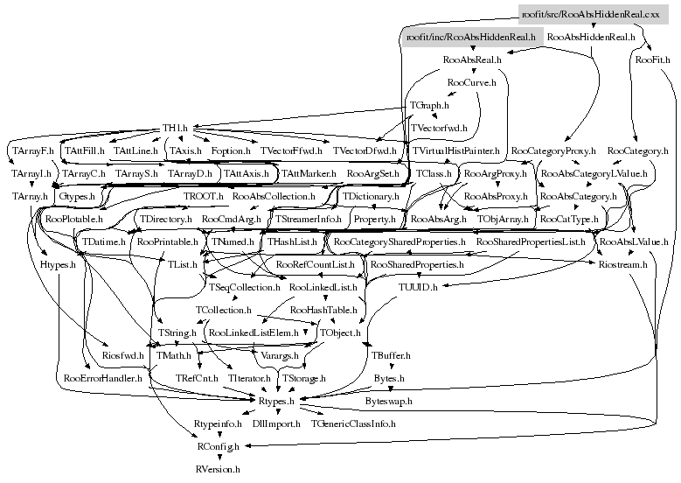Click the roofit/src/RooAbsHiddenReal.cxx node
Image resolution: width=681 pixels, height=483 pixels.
point(590,14)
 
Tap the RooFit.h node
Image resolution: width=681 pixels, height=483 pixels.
point(653,60)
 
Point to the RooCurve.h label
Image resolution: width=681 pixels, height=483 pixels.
point(471,83)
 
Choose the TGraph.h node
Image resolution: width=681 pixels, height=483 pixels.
point(429,106)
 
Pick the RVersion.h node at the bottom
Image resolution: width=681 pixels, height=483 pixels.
point(217,469)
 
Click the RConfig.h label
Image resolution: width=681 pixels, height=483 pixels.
point(217,446)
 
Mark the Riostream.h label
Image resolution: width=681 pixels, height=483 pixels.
point(622,264)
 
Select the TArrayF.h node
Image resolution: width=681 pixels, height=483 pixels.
point(32,151)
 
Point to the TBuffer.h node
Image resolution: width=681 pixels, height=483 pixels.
point(390,355)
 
